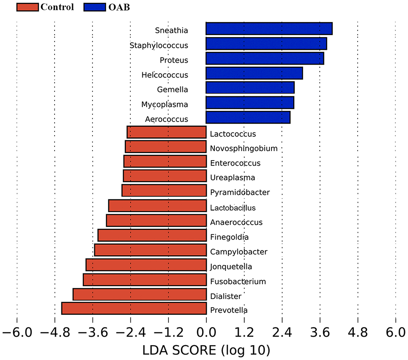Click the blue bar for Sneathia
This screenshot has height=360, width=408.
tap(269, 29)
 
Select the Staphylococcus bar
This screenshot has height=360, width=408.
tap(266, 43)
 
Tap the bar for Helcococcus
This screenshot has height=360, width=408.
tap(254, 73)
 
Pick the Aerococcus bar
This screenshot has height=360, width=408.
tap(248, 118)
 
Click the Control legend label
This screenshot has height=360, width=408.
tap(57, 7)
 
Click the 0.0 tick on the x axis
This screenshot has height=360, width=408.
tap(206, 331)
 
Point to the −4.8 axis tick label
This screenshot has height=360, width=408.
tap(55, 331)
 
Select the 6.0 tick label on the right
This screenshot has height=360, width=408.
tap(395, 331)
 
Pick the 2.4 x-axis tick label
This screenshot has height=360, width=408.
tap(282, 331)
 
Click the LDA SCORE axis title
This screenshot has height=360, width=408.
tap(206, 350)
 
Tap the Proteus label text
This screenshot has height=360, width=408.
tap(174, 60)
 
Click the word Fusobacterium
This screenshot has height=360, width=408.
tap(238, 281)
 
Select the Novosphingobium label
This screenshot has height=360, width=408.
tap(243, 148)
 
